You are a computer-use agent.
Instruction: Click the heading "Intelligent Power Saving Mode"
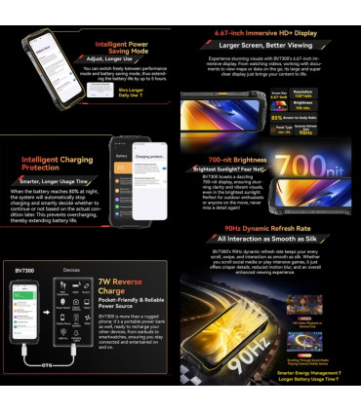[123, 48]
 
